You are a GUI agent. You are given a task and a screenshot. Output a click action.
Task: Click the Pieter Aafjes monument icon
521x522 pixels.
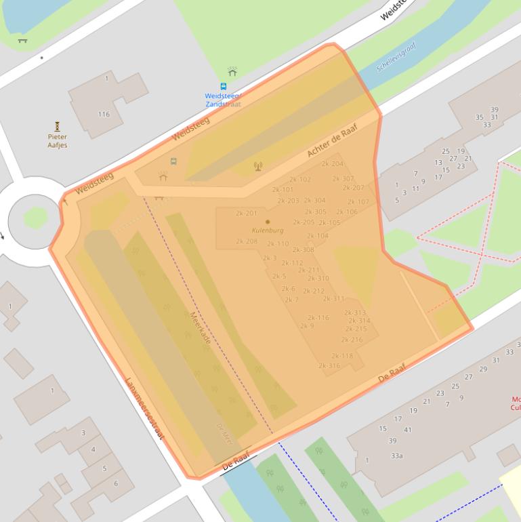[58, 126]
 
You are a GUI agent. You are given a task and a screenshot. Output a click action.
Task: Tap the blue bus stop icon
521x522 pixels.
[224, 87]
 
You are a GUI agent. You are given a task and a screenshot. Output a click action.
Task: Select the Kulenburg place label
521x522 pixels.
[268, 230]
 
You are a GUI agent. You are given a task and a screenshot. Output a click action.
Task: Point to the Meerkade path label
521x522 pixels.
[200, 327]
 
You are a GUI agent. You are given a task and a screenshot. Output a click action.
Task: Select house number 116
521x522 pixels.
[104, 114]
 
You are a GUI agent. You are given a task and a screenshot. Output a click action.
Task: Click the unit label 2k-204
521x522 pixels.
[333, 163]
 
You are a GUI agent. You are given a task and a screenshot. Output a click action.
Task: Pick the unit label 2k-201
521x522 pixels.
[247, 213]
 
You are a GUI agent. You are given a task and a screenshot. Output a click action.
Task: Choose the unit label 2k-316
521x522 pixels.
[329, 365]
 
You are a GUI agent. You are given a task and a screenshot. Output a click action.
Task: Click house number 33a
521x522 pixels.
[397, 456]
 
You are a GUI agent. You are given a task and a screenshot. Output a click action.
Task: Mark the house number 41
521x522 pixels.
[408, 430]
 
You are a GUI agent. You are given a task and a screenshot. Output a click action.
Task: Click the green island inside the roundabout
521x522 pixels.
[35, 218]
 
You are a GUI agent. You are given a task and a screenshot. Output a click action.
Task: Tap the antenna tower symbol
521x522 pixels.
[257, 166]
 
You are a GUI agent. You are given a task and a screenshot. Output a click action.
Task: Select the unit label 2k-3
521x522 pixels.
[270, 258]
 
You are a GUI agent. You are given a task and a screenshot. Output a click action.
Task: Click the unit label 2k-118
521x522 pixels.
[342, 356]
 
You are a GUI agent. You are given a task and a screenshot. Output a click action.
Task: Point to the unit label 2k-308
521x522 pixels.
[304, 249]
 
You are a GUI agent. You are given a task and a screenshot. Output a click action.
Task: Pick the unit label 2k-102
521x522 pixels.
[300, 180]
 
